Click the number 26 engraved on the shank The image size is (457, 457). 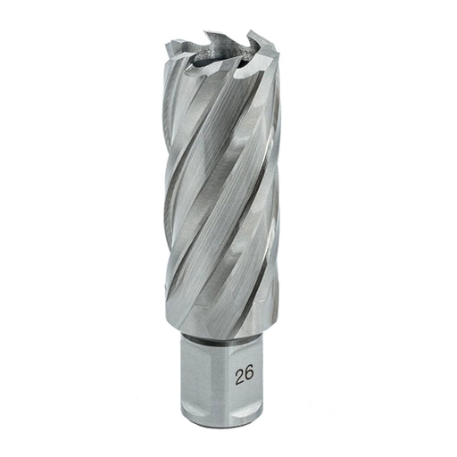click(245, 376)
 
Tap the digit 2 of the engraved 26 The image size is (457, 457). click(240, 376)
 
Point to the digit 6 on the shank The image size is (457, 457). click(250, 376)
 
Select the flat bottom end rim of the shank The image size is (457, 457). click(221, 426)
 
